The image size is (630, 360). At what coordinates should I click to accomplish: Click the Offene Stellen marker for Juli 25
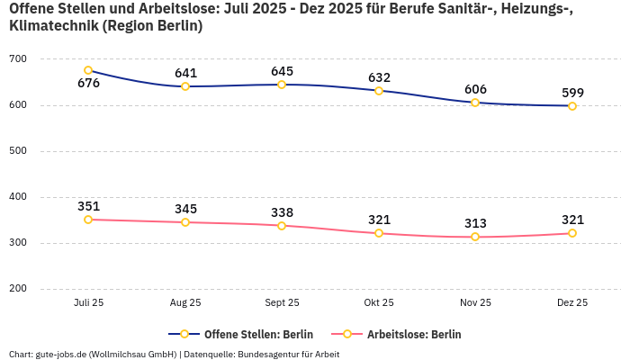click(88, 70)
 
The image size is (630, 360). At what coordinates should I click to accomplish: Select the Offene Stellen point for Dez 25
click(572, 106)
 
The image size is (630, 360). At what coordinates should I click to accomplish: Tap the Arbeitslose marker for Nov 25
click(475, 237)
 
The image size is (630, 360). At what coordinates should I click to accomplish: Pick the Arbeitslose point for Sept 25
click(282, 226)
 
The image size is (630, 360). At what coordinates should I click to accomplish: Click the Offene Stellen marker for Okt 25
click(379, 91)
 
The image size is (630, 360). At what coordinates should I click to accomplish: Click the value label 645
click(282, 71)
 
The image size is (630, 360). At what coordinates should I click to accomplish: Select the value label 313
click(475, 223)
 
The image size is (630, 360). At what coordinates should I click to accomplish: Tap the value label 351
click(88, 206)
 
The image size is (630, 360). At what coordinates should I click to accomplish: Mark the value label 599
click(572, 93)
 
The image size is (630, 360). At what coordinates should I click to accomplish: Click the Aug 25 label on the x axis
click(185, 303)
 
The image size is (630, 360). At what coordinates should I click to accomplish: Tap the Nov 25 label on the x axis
click(475, 303)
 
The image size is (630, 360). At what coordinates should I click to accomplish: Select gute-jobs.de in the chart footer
click(62, 354)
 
